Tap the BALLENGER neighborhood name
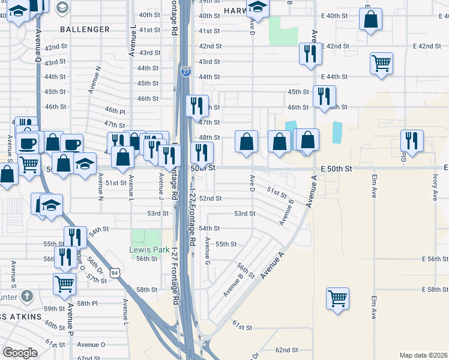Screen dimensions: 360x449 point(85,29)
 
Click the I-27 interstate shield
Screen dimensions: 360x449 point(185,72)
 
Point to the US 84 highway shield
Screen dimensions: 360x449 point(114,274)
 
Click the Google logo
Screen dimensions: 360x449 point(20,353)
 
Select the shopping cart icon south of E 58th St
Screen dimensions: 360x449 point(337,298)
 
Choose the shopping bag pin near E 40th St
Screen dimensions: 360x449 point(370,19)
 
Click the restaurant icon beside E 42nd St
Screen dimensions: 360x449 point(310,53)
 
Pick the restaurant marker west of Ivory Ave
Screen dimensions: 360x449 point(412,140)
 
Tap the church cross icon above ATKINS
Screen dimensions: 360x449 point(26,296)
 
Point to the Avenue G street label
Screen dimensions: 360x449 point(207,253)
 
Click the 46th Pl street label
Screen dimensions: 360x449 point(115,111)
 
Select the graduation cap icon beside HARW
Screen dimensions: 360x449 point(258,7)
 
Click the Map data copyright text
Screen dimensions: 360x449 point(423,355)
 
